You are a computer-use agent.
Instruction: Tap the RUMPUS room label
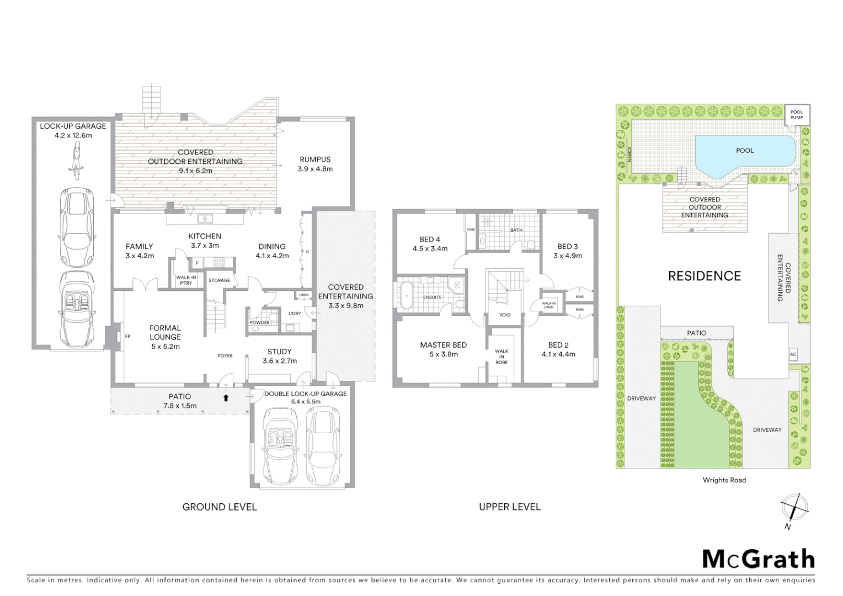315,159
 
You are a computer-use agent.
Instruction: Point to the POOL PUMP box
797,115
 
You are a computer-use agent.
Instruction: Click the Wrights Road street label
724,480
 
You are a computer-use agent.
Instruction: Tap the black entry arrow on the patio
226,397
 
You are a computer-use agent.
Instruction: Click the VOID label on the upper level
505,315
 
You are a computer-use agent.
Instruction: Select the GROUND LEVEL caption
220,507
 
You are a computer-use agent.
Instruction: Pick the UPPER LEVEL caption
510,507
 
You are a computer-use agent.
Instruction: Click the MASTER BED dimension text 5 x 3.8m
444,354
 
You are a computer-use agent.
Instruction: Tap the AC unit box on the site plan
793,355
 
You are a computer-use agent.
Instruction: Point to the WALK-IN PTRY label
186,280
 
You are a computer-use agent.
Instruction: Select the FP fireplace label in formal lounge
127,336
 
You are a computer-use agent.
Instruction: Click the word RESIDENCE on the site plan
704,276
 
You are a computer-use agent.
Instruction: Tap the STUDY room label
279,352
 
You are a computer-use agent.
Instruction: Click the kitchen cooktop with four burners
218,263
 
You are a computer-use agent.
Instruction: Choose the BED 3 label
568,247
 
